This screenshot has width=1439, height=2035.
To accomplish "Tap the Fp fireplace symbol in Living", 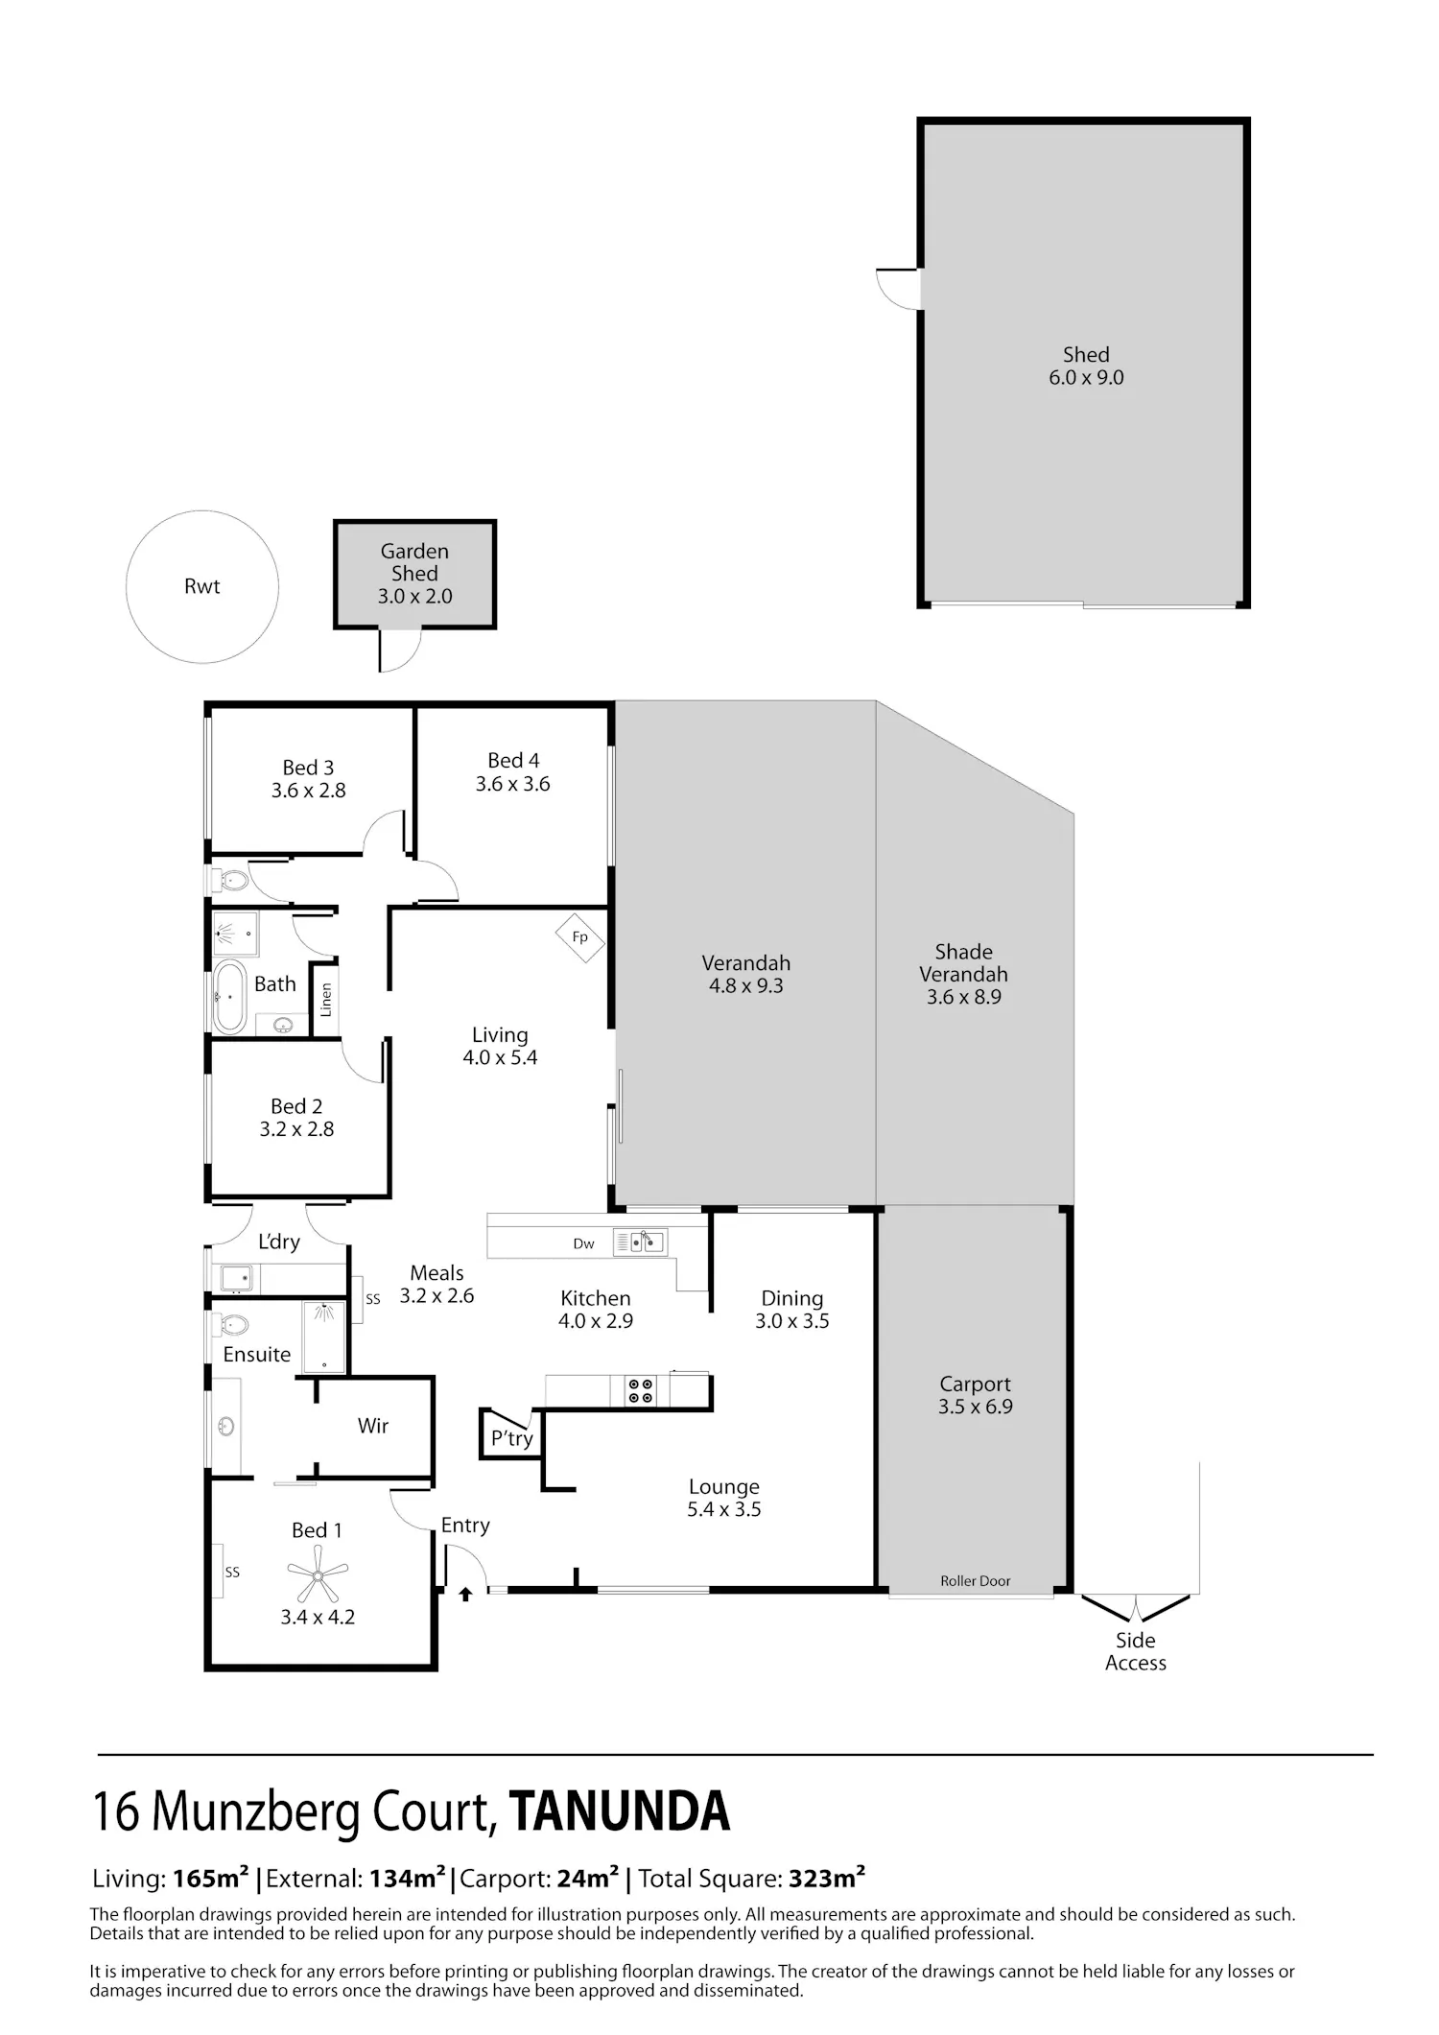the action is [579, 936].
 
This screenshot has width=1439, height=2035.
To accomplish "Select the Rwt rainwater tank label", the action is [202, 586].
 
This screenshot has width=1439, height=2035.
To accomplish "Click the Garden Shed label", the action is [414, 562].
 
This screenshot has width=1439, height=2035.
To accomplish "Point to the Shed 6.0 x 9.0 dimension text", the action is [1086, 378].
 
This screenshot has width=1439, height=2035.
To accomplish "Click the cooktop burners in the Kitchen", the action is [640, 1391].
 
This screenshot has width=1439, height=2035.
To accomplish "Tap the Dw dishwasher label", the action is [584, 1243].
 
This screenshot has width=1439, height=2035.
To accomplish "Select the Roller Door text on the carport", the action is [976, 1581].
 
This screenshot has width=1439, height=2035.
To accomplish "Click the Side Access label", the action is [1136, 1651].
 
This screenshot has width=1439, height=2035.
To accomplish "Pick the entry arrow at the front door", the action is [465, 1595].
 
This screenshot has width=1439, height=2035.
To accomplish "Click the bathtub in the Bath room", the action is [229, 997].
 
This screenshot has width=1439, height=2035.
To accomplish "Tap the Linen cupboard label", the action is [326, 1000].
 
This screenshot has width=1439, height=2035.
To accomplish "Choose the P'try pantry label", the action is [512, 1438].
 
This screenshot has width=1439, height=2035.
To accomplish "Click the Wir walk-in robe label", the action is [373, 1426].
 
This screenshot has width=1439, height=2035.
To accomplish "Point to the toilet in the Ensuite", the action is [230, 1325].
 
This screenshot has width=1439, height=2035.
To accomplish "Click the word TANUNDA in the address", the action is [620, 1811].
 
